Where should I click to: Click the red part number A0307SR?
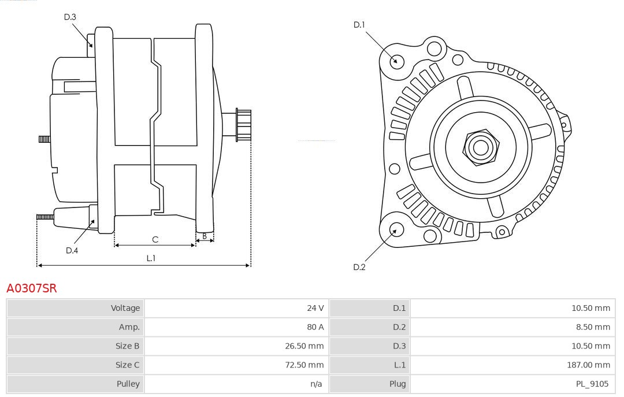pos(32,288)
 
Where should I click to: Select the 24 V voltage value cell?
pos(315,308)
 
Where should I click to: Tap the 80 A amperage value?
pos(315,327)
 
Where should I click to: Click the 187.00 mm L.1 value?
pos(589,365)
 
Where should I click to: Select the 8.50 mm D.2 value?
pos(591,327)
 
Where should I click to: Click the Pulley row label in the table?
pos(128,384)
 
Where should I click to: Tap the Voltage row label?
pos(125,308)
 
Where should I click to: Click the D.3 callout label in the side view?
pos(70,17)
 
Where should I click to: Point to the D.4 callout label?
pos(72,250)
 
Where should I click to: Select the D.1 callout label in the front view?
pos(359,25)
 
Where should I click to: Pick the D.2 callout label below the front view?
pos(359,267)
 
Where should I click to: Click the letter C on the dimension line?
pos(155,239)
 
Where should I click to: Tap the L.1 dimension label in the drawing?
pos(151,258)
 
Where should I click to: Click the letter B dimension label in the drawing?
pos(205,236)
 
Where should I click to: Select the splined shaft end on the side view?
pos(243,124)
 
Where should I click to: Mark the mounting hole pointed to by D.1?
pos(397,61)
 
